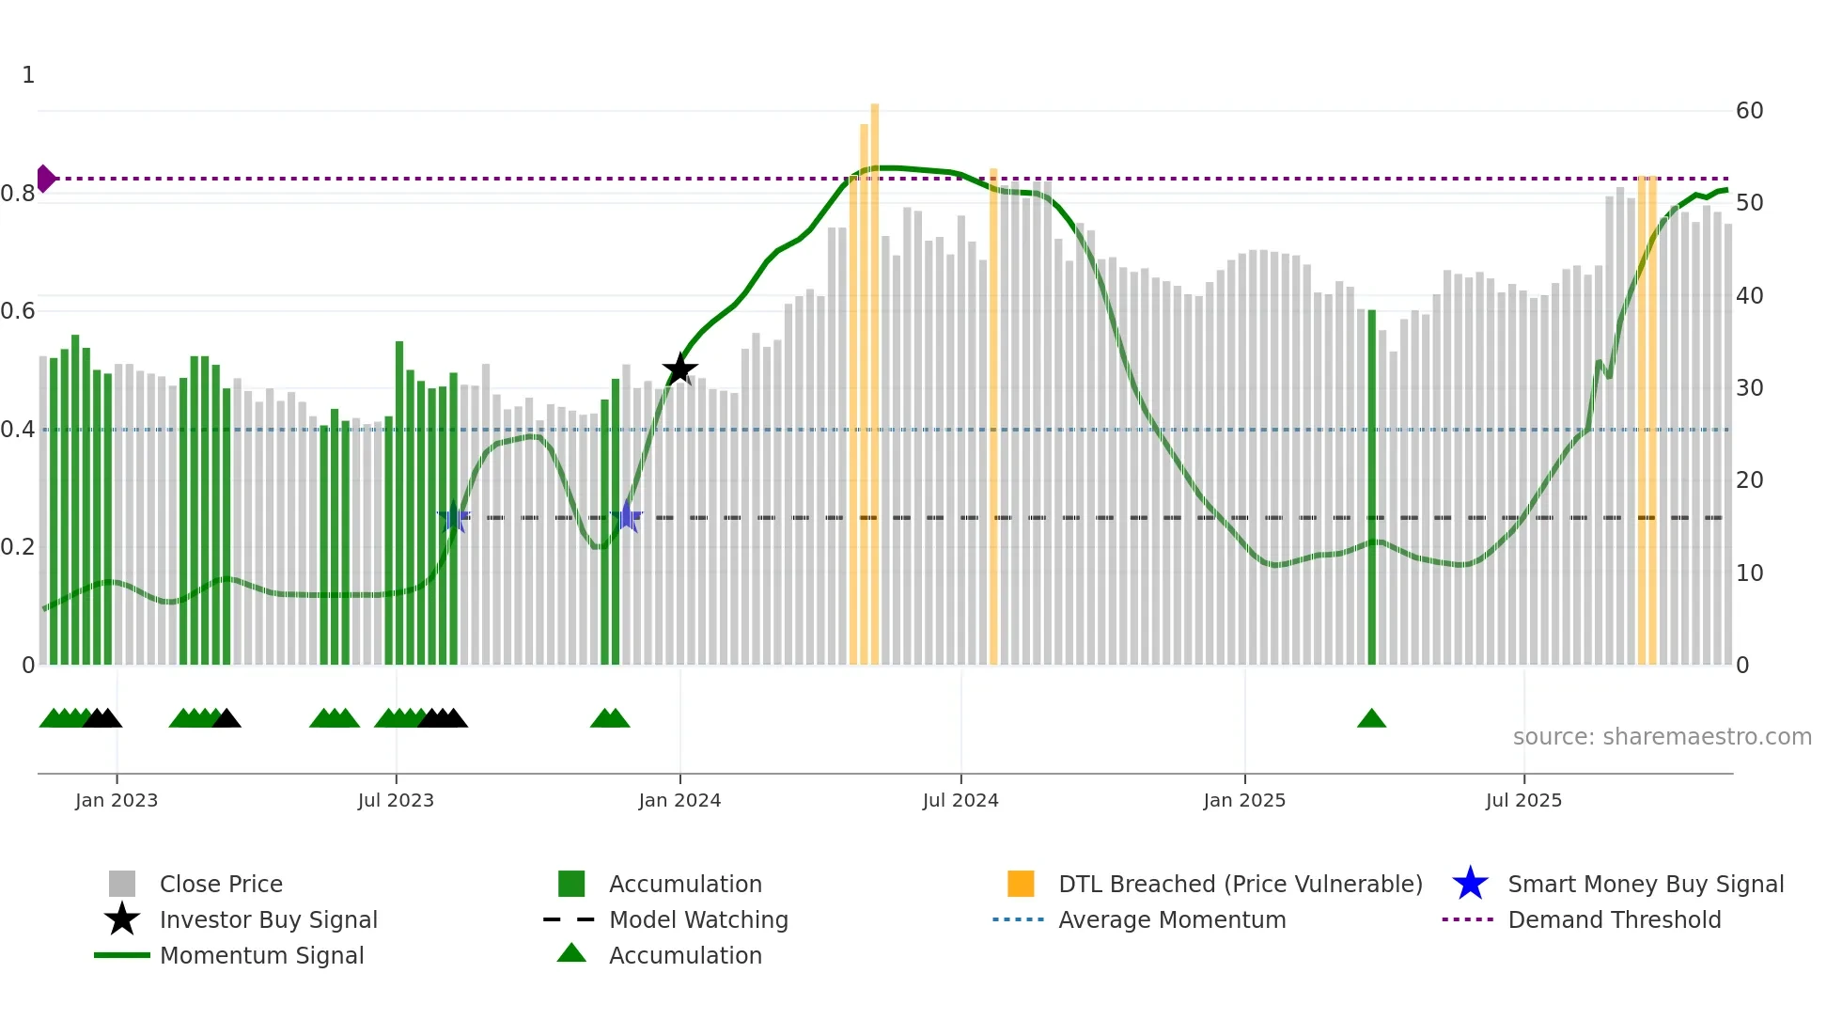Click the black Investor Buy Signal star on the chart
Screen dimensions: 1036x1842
[679, 369]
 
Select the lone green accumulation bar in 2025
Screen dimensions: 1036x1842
[1371, 489]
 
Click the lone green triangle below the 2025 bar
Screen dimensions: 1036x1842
[1371, 719]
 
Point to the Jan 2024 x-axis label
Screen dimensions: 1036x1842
[679, 800]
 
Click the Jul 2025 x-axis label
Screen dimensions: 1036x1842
[1523, 800]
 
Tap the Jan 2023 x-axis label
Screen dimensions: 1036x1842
[117, 800]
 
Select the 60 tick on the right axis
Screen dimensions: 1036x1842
[1749, 111]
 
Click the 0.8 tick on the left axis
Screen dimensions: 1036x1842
[18, 194]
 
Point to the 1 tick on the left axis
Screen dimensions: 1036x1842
[28, 75]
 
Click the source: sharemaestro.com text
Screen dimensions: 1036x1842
[1662, 737]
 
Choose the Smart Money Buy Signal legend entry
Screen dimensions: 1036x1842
[1645, 884]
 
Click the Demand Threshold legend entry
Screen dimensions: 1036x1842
[1614, 919]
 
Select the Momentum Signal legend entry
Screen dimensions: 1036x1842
[261, 955]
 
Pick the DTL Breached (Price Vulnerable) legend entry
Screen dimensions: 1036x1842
[1240, 884]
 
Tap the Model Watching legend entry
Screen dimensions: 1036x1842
[698, 919]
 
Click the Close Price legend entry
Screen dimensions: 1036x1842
[221, 884]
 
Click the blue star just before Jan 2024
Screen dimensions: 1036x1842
[627, 517]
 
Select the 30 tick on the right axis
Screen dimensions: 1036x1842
[1749, 388]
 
